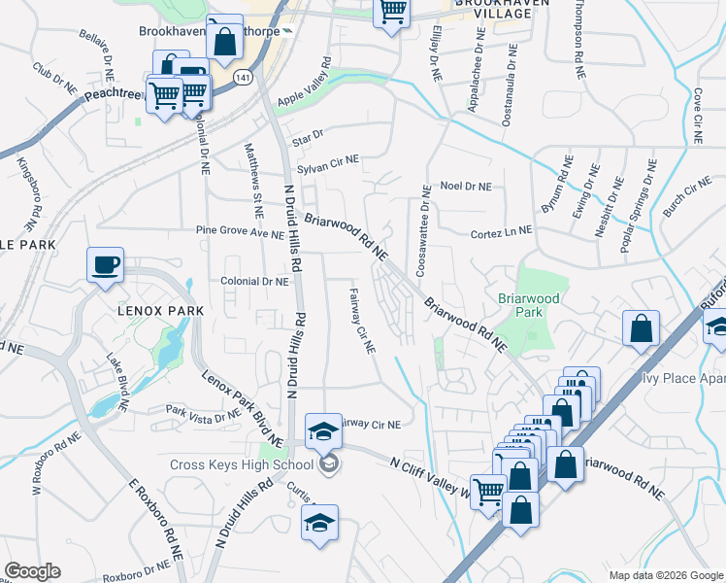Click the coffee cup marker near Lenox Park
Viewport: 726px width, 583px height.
click(x=105, y=263)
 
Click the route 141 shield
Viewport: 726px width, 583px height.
click(x=241, y=76)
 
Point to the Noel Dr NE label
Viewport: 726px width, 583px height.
click(x=466, y=187)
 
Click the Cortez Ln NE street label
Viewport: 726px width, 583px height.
click(x=501, y=231)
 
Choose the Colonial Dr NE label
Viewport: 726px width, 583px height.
click(x=255, y=281)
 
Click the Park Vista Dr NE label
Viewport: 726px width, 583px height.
click(x=203, y=414)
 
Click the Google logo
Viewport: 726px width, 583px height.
click(x=32, y=571)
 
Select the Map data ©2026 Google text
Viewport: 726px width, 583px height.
click(x=664, y=574)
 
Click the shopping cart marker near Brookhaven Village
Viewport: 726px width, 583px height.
click(x=391, y=12)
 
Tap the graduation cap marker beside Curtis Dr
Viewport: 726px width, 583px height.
click(x=319, y=523)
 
